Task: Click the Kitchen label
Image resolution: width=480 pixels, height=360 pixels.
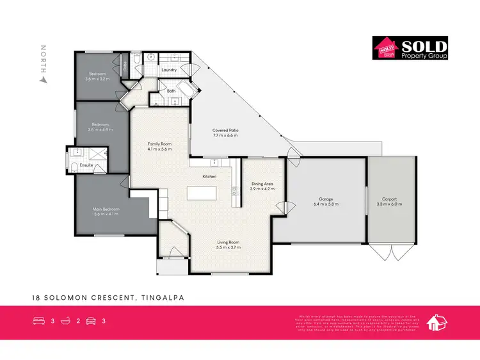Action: point(209,176)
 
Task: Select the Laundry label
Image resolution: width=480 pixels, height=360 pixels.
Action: point(169,69)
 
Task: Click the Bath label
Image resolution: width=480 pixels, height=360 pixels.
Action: point(171,91)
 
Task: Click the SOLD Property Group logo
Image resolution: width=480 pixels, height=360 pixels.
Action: point(410,48)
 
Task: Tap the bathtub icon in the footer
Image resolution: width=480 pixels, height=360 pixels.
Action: point(65,321)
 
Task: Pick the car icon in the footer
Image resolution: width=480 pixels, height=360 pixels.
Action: point(91,321)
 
